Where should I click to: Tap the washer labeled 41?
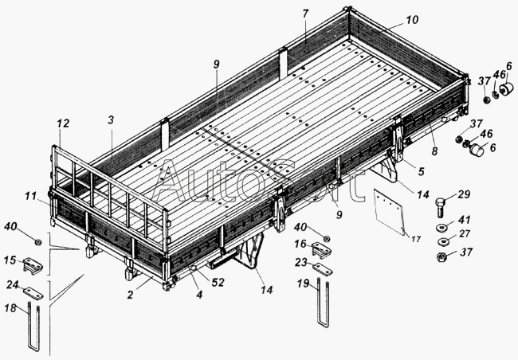[442, 228]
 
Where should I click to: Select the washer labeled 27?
[443, 242]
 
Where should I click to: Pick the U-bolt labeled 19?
[322, 303]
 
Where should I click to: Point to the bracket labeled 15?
[33, 265]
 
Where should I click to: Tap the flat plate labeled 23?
[323, 269]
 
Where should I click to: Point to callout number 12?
[63, 123]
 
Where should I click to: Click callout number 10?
[412, 20]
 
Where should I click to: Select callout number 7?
[305, 14]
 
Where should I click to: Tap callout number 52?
[218, 283]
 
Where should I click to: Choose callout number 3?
[111, 120]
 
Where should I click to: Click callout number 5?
[421, 171]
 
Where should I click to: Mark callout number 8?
[435, 151]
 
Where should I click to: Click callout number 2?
[130, 295]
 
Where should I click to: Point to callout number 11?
[31, 197]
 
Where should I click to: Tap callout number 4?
[199, 295]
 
